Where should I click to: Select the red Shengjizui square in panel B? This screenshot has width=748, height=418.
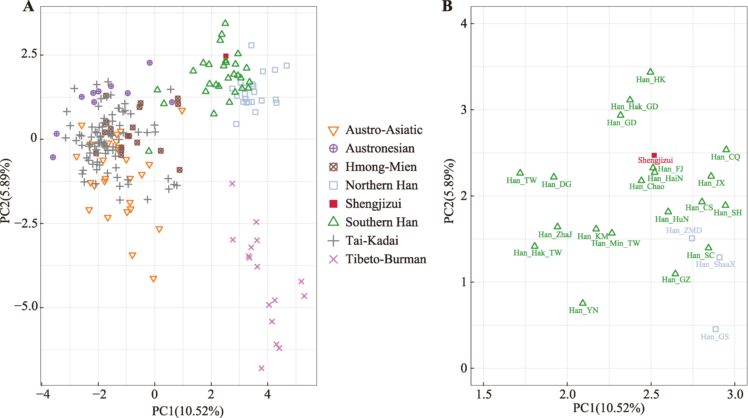(x=654, y=155)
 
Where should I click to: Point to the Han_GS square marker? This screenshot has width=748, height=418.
(x=716, y=329)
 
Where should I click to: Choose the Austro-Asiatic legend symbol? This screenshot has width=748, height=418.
(x=333, y=131)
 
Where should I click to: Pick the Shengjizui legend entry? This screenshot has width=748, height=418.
(x=373, y=204)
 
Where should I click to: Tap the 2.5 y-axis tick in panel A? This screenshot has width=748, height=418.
(x=29, y=54)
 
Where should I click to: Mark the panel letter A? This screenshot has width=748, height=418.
(x=28, y=6)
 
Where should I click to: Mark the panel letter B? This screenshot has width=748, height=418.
(x=447, y=6)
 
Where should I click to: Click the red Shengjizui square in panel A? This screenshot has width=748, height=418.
(x=226, y=56)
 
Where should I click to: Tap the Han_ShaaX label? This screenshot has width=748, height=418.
(x=715, y=264)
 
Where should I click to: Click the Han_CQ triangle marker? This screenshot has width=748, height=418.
(x=726, y=149)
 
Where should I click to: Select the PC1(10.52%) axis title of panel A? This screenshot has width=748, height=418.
(x=187, y=411)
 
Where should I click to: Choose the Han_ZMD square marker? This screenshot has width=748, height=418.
(x=692, y=238)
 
